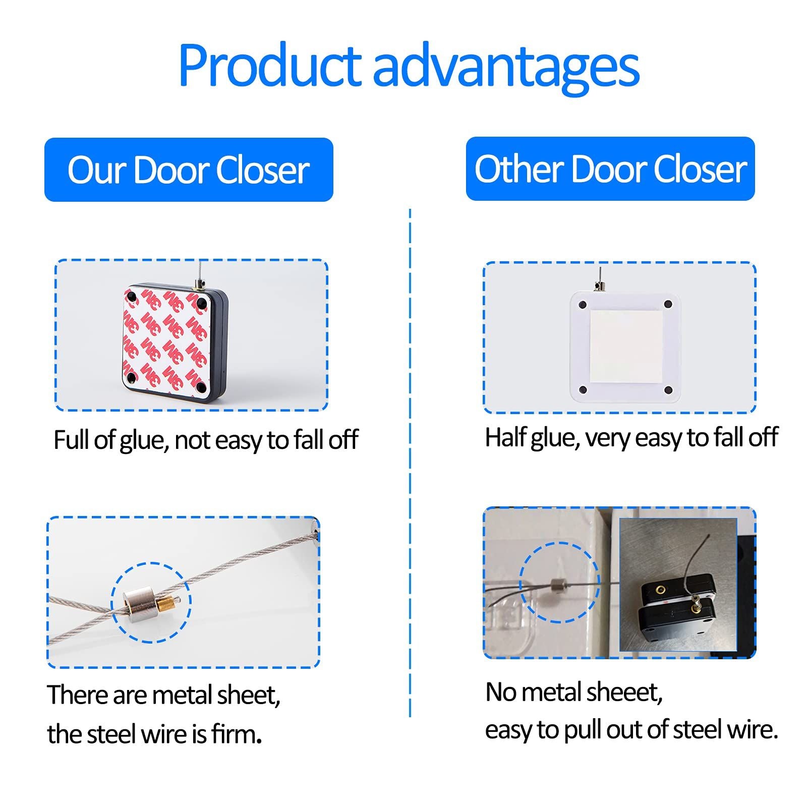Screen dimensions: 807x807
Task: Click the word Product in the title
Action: coord(270,66)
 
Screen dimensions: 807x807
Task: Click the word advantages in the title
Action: coord(506,69)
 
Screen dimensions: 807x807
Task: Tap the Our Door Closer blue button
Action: coord(189,169)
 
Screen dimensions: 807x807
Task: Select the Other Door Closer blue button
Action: coord(610,168)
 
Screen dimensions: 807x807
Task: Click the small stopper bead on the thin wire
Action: coord(558,586)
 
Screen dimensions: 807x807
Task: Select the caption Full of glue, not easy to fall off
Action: coord(206,440)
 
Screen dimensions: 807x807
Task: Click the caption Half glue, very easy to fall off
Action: coord(631,437)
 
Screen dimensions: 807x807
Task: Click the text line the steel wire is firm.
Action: coord(154,734)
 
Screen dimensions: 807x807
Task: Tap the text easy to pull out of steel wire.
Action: coord(631,730)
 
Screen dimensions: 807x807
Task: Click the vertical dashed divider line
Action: coord(410,463)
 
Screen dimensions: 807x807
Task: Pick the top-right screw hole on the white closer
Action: coord(668,304)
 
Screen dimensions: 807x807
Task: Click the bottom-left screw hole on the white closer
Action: coord(583,390)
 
